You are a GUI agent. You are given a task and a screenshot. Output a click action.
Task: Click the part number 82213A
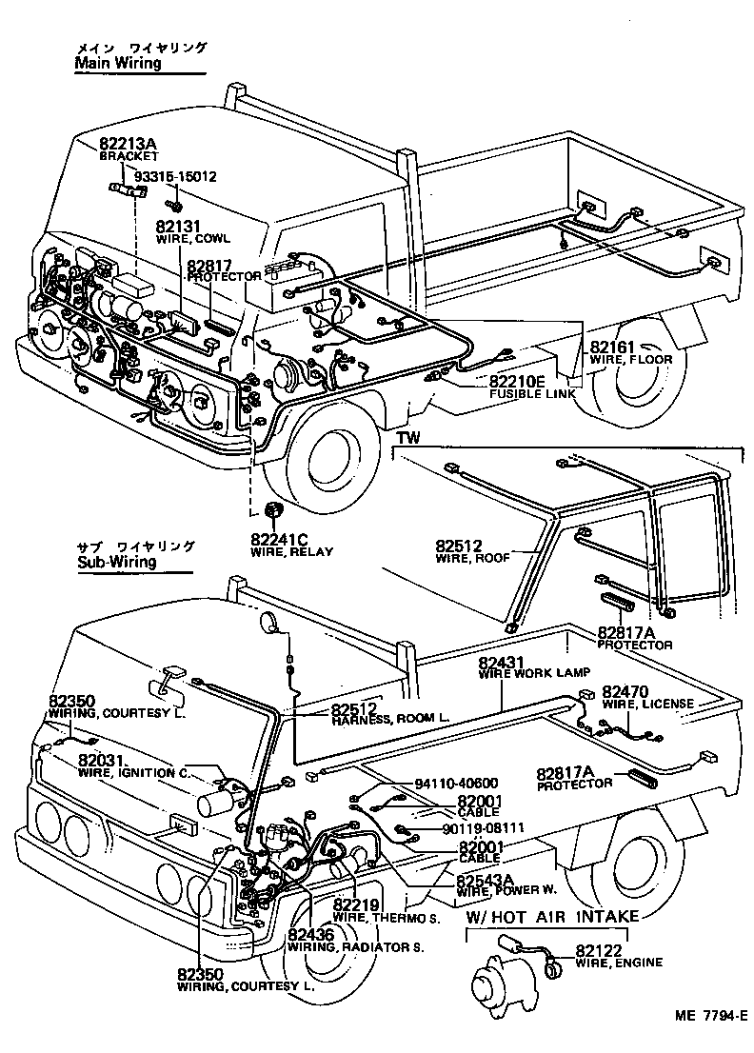pos(127,144)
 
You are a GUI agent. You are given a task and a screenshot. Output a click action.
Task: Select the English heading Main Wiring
pos(118,63)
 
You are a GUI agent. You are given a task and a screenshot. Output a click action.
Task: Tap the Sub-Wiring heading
pos(116,562)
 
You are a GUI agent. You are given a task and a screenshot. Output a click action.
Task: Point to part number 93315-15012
pos(174,177)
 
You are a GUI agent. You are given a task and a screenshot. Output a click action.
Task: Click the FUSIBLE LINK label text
pos(531,393)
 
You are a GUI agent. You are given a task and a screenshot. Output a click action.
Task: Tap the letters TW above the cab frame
pos(407,438)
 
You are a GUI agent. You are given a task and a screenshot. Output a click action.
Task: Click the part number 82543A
pos(486,879)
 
